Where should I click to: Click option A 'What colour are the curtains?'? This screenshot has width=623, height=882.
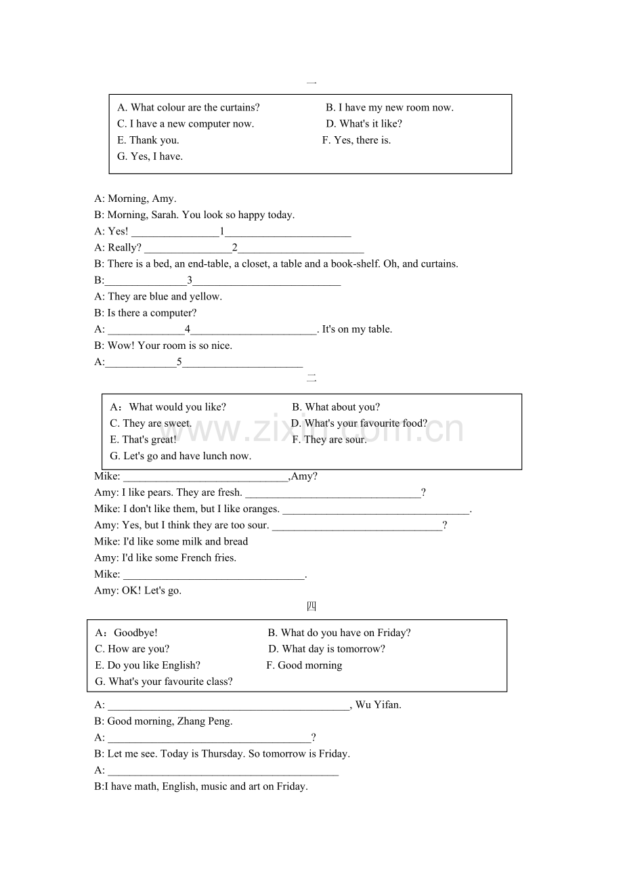188,107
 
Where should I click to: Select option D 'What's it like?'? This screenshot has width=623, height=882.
364,123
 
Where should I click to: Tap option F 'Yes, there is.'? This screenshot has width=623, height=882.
356,140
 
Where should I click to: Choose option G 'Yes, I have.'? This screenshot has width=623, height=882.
150,156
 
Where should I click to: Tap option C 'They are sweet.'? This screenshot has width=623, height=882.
151,423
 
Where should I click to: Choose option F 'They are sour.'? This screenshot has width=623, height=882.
329,440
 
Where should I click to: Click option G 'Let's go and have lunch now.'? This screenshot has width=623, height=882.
180,456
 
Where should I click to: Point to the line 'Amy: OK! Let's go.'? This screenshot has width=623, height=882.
138,590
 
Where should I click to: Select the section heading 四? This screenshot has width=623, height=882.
311,606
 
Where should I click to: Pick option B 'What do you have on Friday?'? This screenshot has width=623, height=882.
339,633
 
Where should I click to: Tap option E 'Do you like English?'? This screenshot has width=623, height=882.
148,665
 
